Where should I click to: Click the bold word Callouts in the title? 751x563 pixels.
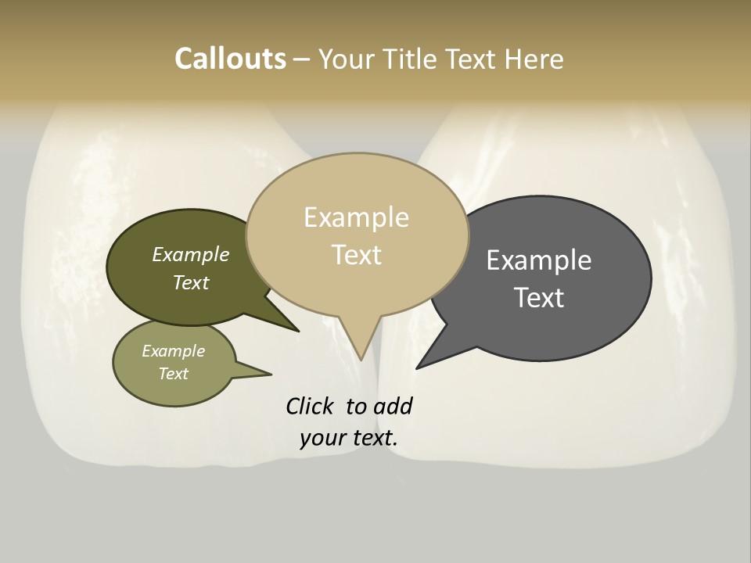[230, 59]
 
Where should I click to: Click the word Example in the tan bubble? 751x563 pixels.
[356, 217]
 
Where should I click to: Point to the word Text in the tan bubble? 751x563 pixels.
[356, 255]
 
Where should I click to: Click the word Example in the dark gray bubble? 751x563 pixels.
[538, 260]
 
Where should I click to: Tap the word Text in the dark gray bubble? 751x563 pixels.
[538, 298]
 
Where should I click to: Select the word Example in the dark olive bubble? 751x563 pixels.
[190, 255]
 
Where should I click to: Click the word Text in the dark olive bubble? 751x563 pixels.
[190, 282]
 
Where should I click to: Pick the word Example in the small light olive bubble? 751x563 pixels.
[173, 351]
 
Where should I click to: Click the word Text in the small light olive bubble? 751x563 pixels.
[173, 374]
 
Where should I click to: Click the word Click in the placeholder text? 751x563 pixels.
[310, 406]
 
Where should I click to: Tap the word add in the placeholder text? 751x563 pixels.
[393, 406]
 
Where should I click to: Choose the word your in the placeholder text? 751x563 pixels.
[322, 438]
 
